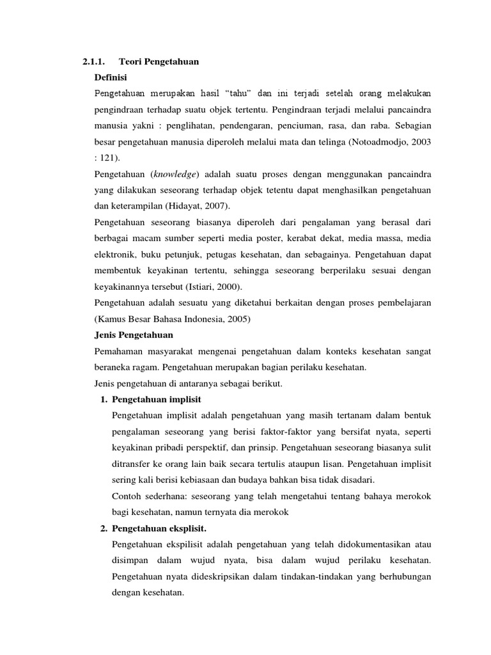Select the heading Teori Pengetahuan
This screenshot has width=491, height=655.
(x=159, y=62)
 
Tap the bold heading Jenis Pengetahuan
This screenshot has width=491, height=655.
(x=134, y=335)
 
